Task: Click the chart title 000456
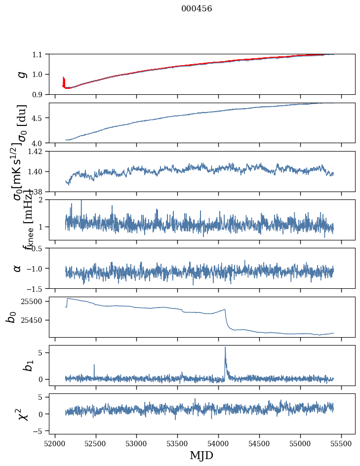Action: point(197,9)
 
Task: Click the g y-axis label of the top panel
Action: point(21,74)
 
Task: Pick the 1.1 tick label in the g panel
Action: point(38,54)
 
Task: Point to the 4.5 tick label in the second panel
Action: point(38,118)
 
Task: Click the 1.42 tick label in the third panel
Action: point(36,152)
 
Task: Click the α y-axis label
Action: point(18,268)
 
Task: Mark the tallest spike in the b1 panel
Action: point(225,348)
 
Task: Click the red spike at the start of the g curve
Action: point(64,80)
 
